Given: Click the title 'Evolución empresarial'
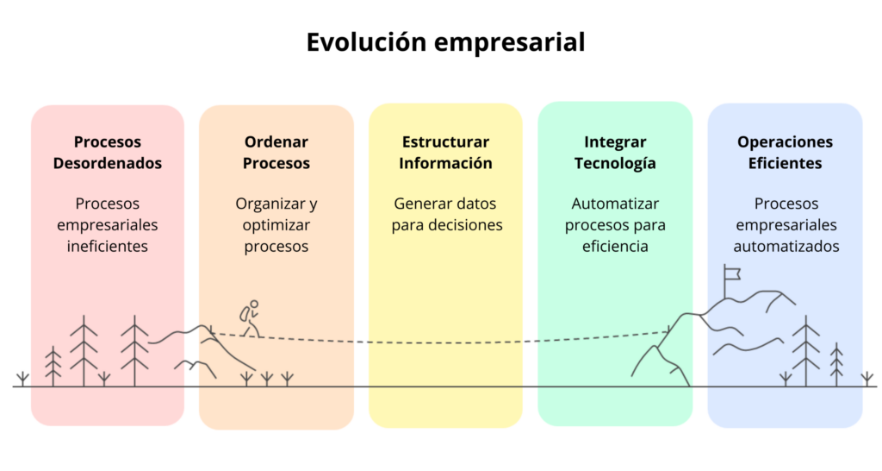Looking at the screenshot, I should point(445,41).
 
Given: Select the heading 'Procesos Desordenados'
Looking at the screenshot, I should point(108,153).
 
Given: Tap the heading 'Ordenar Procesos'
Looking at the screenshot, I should point(276,153).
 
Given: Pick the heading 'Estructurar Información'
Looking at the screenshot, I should point(445,153).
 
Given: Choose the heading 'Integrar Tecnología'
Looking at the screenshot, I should point(615,153).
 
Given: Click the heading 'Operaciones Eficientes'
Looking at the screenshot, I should point(785,153).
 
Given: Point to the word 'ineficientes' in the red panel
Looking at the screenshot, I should point(108,247).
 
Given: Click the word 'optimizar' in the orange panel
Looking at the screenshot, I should point(276,225).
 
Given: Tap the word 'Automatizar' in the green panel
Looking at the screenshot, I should point(615,204).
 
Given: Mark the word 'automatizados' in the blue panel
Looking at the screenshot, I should point(785,247).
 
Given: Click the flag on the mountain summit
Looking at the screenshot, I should point(732,275).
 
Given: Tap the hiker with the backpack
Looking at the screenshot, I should point(250,319).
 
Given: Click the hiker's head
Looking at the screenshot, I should point(254,304).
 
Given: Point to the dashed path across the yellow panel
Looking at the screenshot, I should point(445,342).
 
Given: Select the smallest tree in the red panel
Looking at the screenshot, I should point(53,366).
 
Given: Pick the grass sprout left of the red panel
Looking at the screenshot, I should point(22,378).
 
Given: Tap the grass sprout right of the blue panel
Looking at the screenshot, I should point(867,378).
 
